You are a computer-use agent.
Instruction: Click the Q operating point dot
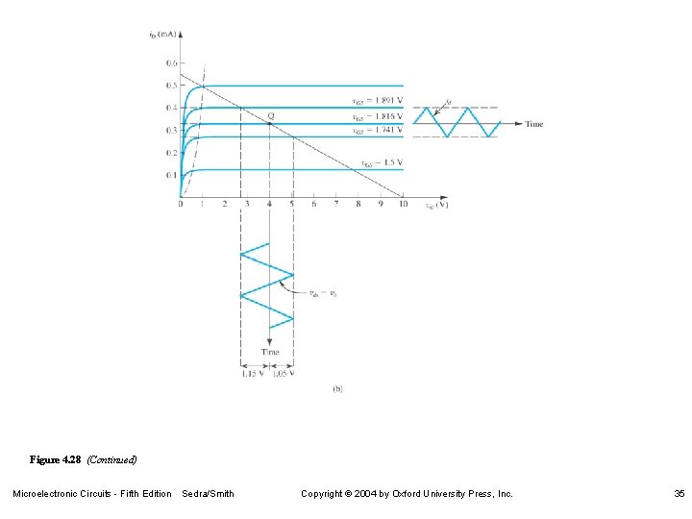click(x=270, y=122)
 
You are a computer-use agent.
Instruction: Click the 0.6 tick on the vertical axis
click(x=172, y=62)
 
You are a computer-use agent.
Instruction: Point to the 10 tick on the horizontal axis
click(x=402, y=204)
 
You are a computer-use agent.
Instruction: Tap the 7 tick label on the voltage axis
click(x=335, y=204)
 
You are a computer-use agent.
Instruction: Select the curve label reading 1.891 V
click(x=378, y=102)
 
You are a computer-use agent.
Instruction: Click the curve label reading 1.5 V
click(x=383, y=162)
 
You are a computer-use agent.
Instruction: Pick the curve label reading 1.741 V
click(x=378, y=130)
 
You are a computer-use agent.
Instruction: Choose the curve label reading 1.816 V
click(x=378, y=116)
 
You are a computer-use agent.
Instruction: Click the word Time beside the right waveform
click(x=534, y=124)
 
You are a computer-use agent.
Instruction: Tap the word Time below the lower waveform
click(x=270, y=353)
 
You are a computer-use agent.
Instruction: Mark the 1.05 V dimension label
click(x=284, y=374)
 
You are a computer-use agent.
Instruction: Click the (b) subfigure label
click(x=337, y=389)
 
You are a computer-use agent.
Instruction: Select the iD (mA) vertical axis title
click(x=162, y=36)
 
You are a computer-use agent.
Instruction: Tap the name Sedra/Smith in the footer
click(x=208, y=494)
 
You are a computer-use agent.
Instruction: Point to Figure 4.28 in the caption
click(x=57, y=460)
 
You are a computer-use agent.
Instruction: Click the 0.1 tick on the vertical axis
click(x=172, y=175)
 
